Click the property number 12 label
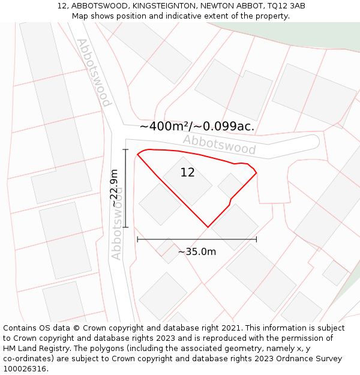187,173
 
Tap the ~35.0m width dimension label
197,251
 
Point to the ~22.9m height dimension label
114,188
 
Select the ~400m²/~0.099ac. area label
197,127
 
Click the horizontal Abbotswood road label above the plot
219,145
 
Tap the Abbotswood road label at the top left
94,72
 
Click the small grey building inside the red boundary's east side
230,185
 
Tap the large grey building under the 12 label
187,182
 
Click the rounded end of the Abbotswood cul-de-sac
314,141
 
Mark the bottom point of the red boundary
208,227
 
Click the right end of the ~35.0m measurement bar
256,239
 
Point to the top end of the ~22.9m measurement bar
125,149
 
